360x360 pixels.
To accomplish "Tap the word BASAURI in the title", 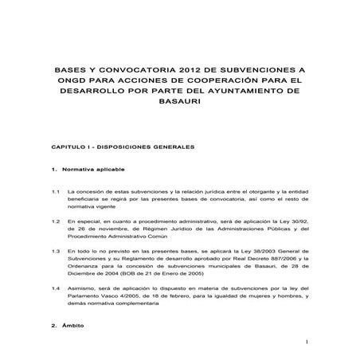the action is (x=180, y=103).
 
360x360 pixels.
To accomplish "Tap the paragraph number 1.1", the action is (x=56, y=193).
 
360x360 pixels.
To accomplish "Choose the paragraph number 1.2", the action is (x=56, y=221).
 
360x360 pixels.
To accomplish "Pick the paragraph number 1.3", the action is (x=56, y=250).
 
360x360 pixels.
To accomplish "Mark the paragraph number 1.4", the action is (x=56, y=287).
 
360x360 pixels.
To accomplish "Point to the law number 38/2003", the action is (x=260, y=250).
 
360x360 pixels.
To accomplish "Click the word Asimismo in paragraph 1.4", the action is (x=83, y=287).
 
